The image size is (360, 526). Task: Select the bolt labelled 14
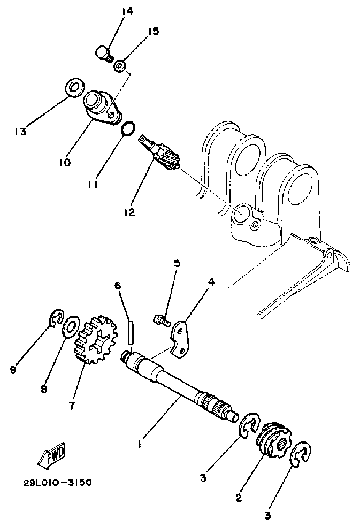(103, 54)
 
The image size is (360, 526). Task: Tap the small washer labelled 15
(120, 66)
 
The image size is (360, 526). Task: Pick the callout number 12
(129, 212)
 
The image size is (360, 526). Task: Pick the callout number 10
(65, 162)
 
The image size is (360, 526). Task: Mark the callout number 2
(239, 497)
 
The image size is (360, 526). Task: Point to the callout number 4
(211, 281)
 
